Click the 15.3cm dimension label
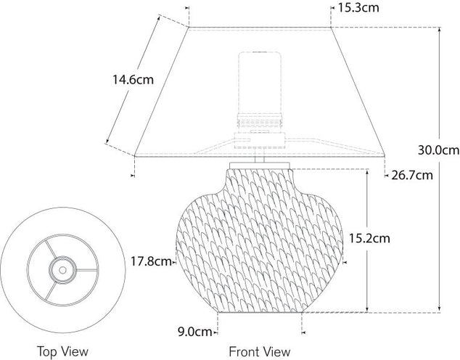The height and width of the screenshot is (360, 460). click(x=358, y=8)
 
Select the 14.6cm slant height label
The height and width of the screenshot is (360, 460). click(x=134, y=80)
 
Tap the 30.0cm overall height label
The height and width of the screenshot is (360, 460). click(x=438, y=150)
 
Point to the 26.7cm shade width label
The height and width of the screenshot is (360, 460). click(x=412, y=175)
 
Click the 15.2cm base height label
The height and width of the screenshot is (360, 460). click(x=369, y=238)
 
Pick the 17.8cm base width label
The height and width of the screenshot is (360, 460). click(x=151, y=261)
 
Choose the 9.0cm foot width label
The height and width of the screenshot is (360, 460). click(x=195, y=332)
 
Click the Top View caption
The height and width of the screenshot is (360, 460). click(x=62, y=351)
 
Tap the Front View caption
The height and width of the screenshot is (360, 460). click(x=260, y=351)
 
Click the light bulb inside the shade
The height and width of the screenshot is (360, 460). click(x=260, y=83)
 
